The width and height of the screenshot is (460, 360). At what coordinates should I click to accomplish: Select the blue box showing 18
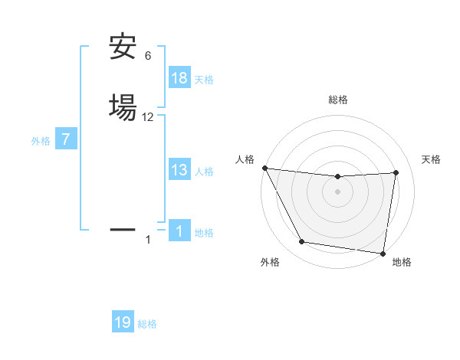click(179, 77)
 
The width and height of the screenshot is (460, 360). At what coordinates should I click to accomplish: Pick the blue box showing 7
click(67, 139)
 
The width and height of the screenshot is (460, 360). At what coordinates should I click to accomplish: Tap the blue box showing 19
click(123, 322)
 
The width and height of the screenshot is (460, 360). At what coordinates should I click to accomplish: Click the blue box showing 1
click(179, 231)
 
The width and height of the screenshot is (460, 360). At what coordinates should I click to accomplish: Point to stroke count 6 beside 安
click(148, 56)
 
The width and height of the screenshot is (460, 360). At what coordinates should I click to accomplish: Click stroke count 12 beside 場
click(148, 117)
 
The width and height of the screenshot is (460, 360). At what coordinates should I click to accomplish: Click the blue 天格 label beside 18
click(204, 80)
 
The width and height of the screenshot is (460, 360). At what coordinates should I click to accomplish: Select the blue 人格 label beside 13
click(204, 172)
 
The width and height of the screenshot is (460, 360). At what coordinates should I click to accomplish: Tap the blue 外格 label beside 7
click(41, 141)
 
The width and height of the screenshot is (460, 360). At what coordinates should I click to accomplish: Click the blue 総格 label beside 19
click(147, 325)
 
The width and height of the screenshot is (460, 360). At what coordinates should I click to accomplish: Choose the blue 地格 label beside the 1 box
click(204, 233)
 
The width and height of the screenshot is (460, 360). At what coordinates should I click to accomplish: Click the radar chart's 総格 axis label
click(338, 100)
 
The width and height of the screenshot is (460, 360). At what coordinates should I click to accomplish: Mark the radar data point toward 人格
click(264, 168)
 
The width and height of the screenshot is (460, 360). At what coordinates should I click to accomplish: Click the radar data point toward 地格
click(383, 253)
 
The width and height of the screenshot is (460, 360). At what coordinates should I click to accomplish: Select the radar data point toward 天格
click(396, 172)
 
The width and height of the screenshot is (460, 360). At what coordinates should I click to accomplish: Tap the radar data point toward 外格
click(302, 242)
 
